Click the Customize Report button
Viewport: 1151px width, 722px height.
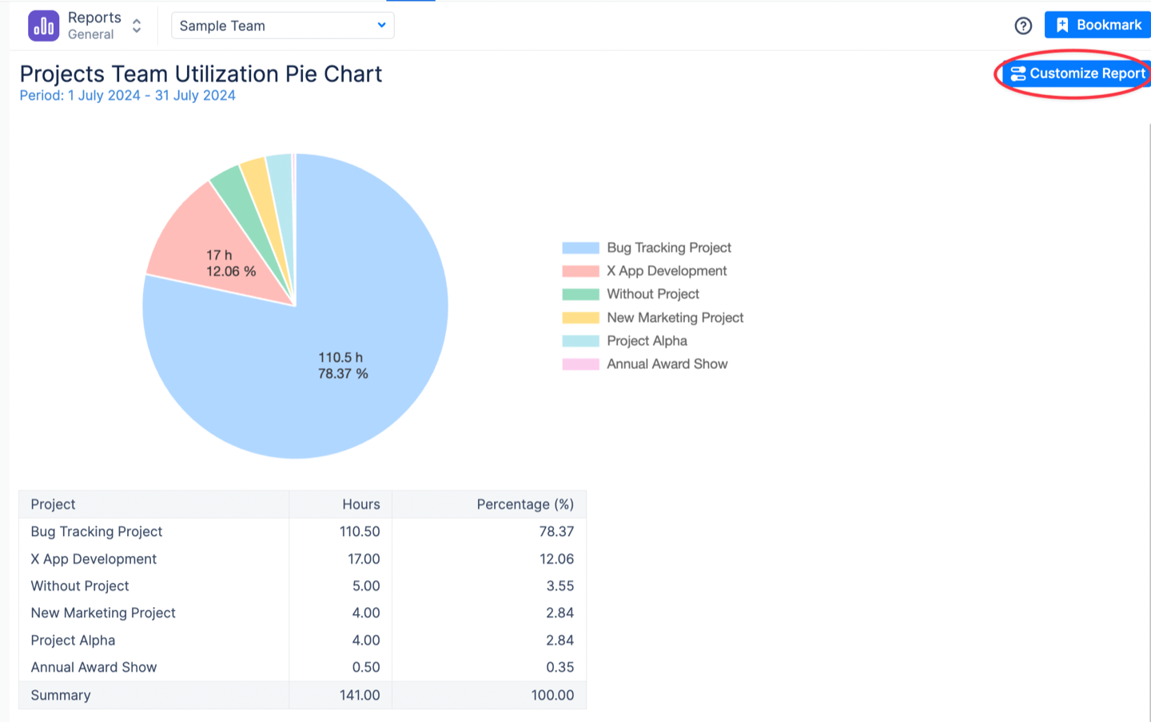click(x=1077, y=73)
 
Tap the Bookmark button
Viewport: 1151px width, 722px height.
click(x=1098, y=25)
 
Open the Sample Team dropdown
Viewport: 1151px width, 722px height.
click(x=282, y=26)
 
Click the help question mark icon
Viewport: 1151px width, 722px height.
click(x=1023, y=26)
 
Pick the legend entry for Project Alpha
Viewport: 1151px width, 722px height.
click(x=646, y=341)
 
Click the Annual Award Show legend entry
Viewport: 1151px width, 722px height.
click(x=667, y=364)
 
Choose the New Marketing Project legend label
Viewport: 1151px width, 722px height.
click(x=675, y=318)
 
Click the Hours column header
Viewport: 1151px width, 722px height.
click(x=360, y=505)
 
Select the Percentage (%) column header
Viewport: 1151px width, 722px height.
click(x=525, y=505)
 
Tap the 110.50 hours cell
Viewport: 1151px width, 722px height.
click(x=360, y=532)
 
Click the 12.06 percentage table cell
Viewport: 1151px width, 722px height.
click(x=556, y=559)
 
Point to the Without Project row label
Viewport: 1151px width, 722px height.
click(x=80, y=586)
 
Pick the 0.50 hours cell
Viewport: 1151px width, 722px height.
click(x=366, y=668)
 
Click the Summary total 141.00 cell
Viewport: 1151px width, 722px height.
click(x=360, y=696)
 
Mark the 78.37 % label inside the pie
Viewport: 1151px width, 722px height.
click(x=343, y=374)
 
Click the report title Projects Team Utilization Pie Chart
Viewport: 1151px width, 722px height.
click(x=201, y=74)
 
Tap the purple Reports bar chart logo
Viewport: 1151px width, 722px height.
click(x=43, y=26)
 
